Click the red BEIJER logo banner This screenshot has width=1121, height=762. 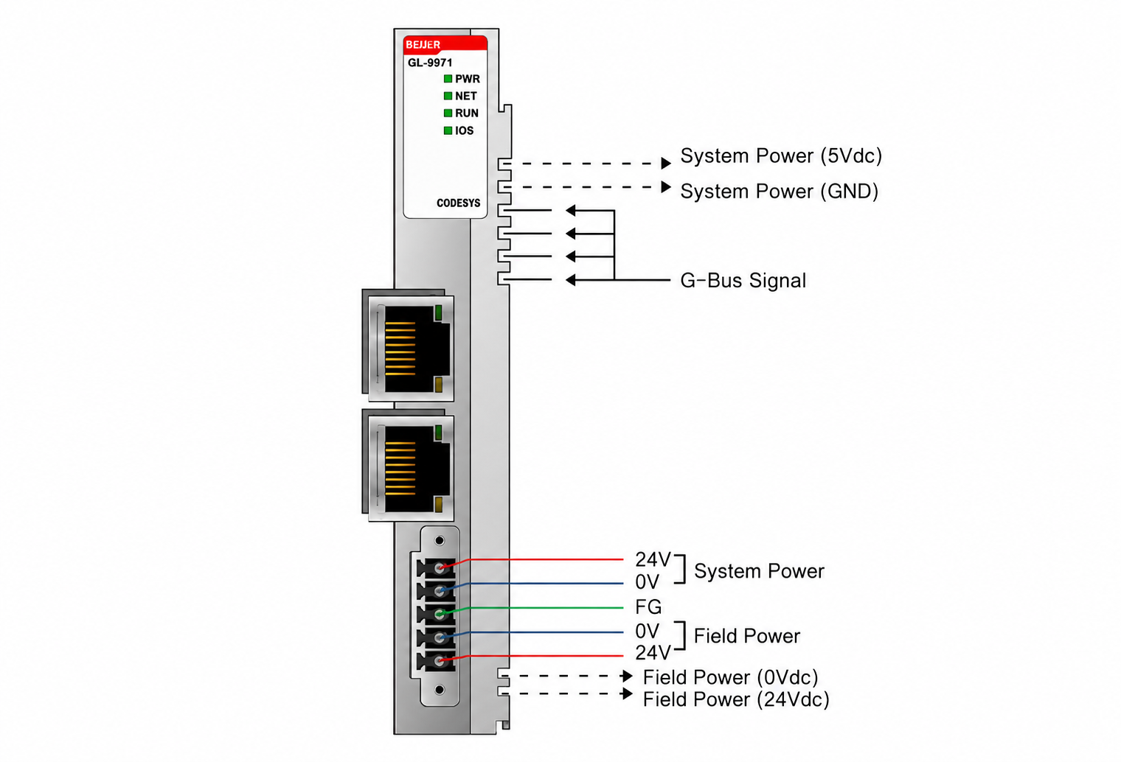point(445,44)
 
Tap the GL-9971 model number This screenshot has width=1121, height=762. point(430,63)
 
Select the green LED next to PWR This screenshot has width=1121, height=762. point(448,79)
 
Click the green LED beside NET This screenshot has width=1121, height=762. point(448,96)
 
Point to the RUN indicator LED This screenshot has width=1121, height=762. point(448,113)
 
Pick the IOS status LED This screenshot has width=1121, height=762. point(448,130)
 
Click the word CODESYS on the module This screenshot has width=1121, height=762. point(459,203)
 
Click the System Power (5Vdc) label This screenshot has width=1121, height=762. point(781,156)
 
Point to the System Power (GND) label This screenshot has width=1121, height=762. point(780,192)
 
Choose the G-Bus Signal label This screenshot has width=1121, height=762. point(743,281)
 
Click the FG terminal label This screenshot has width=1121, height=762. point(648,607)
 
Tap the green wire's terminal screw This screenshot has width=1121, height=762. point(440,613)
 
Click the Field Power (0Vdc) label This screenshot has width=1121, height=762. point(730,677)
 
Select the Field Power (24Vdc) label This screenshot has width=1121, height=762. point(736,699)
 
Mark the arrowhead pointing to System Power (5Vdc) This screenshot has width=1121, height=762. point(666,163)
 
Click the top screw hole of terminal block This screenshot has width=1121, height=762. point(440,540)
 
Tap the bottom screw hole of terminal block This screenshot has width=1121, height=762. point(440,690)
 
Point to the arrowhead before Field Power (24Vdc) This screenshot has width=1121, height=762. point(627,693)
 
